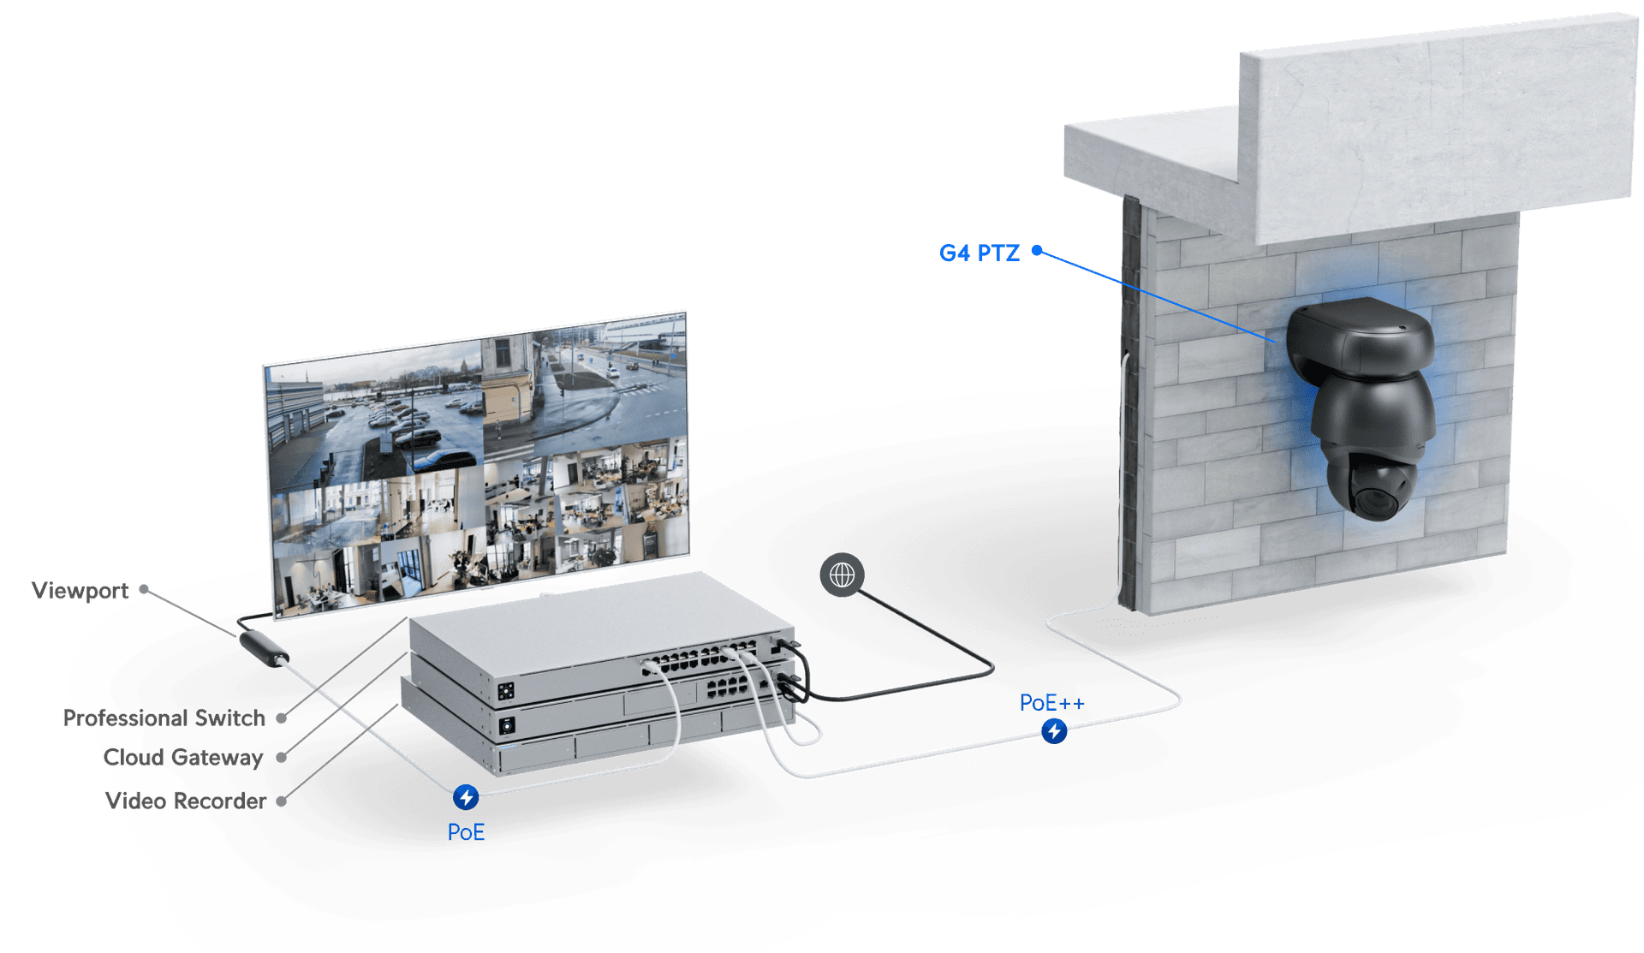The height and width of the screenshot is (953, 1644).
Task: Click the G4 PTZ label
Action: click(979, 253)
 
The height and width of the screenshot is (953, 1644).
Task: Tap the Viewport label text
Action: click(80, 591)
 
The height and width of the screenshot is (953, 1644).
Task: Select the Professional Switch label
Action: click(164, 718)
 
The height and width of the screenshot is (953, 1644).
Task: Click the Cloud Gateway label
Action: click(182, 758)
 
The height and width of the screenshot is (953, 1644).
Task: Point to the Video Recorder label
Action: click(186, 801)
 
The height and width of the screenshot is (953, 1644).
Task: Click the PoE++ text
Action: click(1052, 703)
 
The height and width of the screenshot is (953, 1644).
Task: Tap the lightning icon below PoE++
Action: click(1054, 731)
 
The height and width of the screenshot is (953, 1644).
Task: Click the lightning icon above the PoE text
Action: click(466, 798)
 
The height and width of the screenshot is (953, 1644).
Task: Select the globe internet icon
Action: click(842, 575)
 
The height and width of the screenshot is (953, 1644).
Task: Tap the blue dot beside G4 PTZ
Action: click(1037, 251)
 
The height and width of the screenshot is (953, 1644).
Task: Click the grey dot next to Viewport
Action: click(145, 590)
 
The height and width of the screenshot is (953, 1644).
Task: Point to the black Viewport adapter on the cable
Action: click(264, 647)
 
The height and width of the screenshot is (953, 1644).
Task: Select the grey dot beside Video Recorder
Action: click(281, 801)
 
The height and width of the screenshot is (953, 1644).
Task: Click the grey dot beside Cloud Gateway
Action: click(281, 758)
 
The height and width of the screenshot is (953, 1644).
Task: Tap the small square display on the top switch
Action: click(506, 690)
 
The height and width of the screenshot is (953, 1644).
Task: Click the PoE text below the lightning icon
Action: click(466, 832)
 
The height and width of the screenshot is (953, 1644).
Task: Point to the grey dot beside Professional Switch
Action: click(281, 718)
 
